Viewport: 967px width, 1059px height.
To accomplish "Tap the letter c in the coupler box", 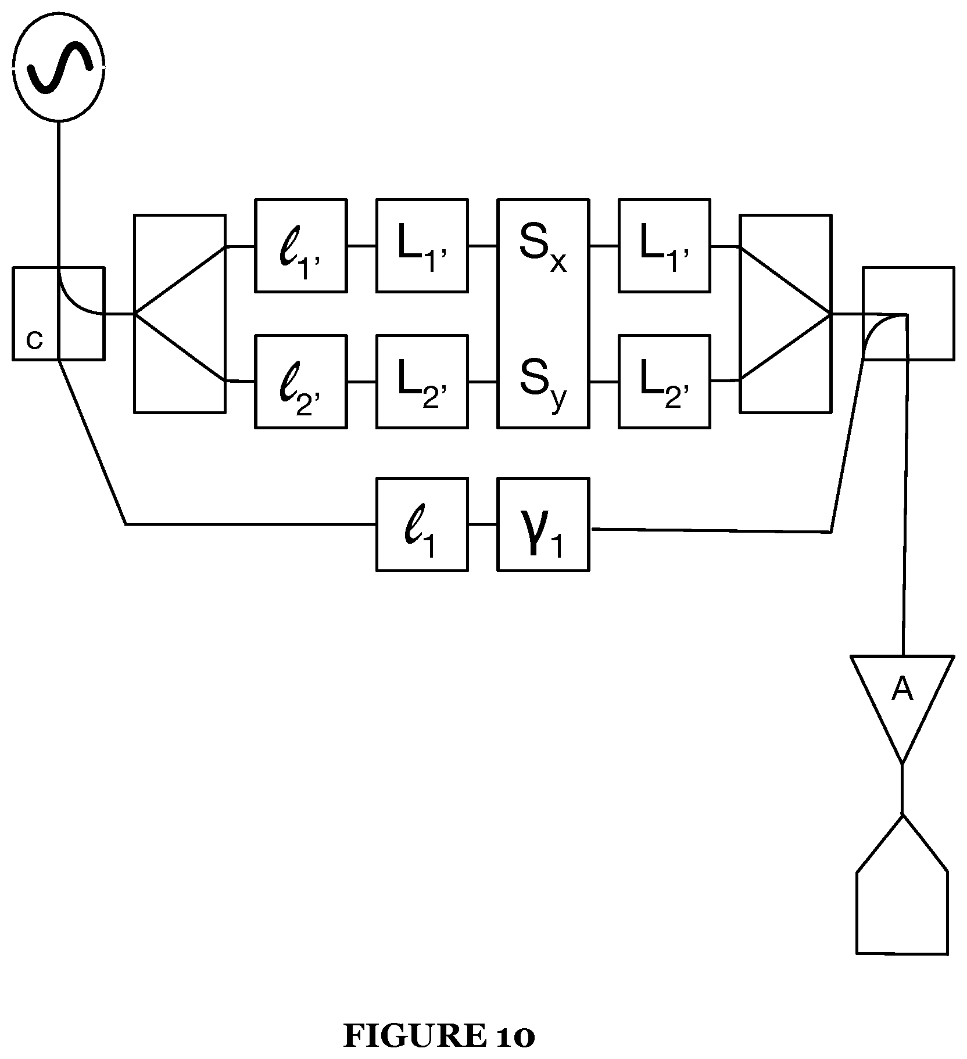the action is pyautogui.click(x=35, y=340).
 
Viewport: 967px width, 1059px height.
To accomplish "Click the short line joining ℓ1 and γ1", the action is pyautogui.click(x=482, y=525).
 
